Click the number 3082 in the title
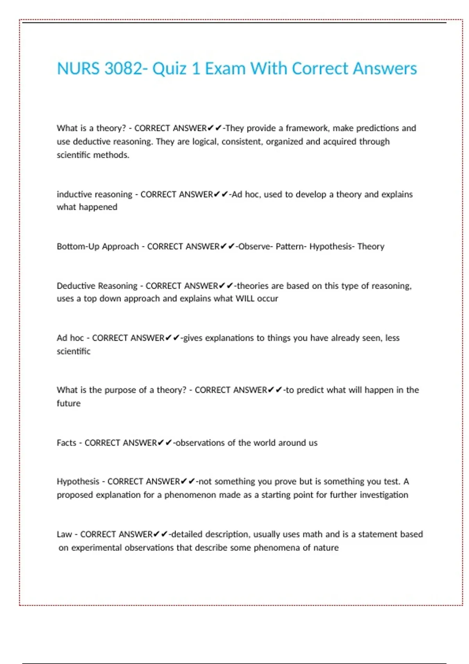click(x=124, y=69)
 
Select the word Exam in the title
click(x=225, y=69)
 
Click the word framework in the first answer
click(x=307, y=128)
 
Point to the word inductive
click(x=74, y=194)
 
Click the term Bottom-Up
click(x=78, y=246)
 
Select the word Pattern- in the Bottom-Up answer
click(x=291, y=246)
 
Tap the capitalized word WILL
click(x=245, y=298)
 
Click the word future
click(x=68, y=403)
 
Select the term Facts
click(x=66, y=443)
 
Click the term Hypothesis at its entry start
click(x=78, y=481)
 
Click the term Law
click(x=64, y=534)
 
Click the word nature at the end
click(x=326, y=548)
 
